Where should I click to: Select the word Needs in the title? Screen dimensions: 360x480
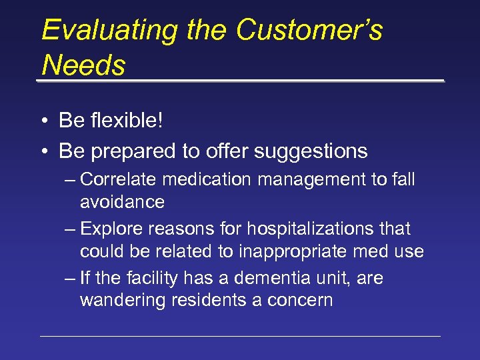click(x=83, y=65)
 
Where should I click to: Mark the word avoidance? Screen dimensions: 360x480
click(x=122, y=201)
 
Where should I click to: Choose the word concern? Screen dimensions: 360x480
click(x=301, y=300)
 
